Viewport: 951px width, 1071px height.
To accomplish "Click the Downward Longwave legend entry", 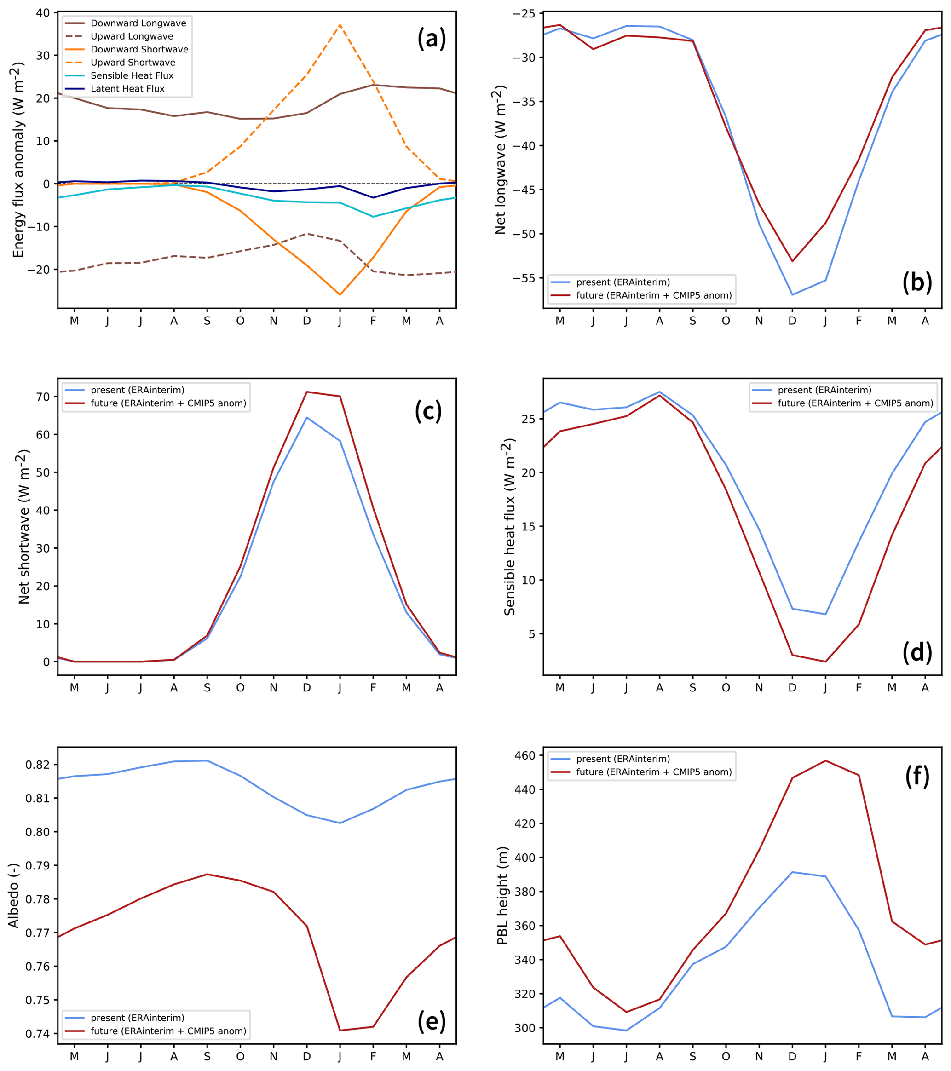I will click(138, 23).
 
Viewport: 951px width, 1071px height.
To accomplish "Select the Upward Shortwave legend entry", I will click(133, 63).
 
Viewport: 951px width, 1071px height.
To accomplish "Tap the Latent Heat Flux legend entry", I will click(127, 88).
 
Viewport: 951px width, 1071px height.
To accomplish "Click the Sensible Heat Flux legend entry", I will click(132, 75).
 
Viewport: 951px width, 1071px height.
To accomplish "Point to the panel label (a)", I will click(431, 39).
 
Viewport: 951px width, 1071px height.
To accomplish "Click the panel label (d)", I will click(917, 652).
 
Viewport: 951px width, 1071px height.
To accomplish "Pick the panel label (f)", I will click(917, 776).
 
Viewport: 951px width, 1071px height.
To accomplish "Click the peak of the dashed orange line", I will click(340, 25).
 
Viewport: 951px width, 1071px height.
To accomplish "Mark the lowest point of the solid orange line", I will click(340, 294).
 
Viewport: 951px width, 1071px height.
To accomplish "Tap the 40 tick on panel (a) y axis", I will click(43, 12).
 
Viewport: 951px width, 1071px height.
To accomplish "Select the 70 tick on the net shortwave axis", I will click(43, 397).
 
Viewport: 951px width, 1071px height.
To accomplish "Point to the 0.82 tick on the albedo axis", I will click(38, 765).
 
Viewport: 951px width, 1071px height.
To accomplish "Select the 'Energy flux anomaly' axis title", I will click(18, 160).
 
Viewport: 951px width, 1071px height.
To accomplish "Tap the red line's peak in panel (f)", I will click(826, 760).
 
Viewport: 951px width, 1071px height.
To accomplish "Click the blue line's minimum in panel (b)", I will click(792, 294).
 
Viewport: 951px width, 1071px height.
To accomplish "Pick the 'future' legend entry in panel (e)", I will click(167, 1031).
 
